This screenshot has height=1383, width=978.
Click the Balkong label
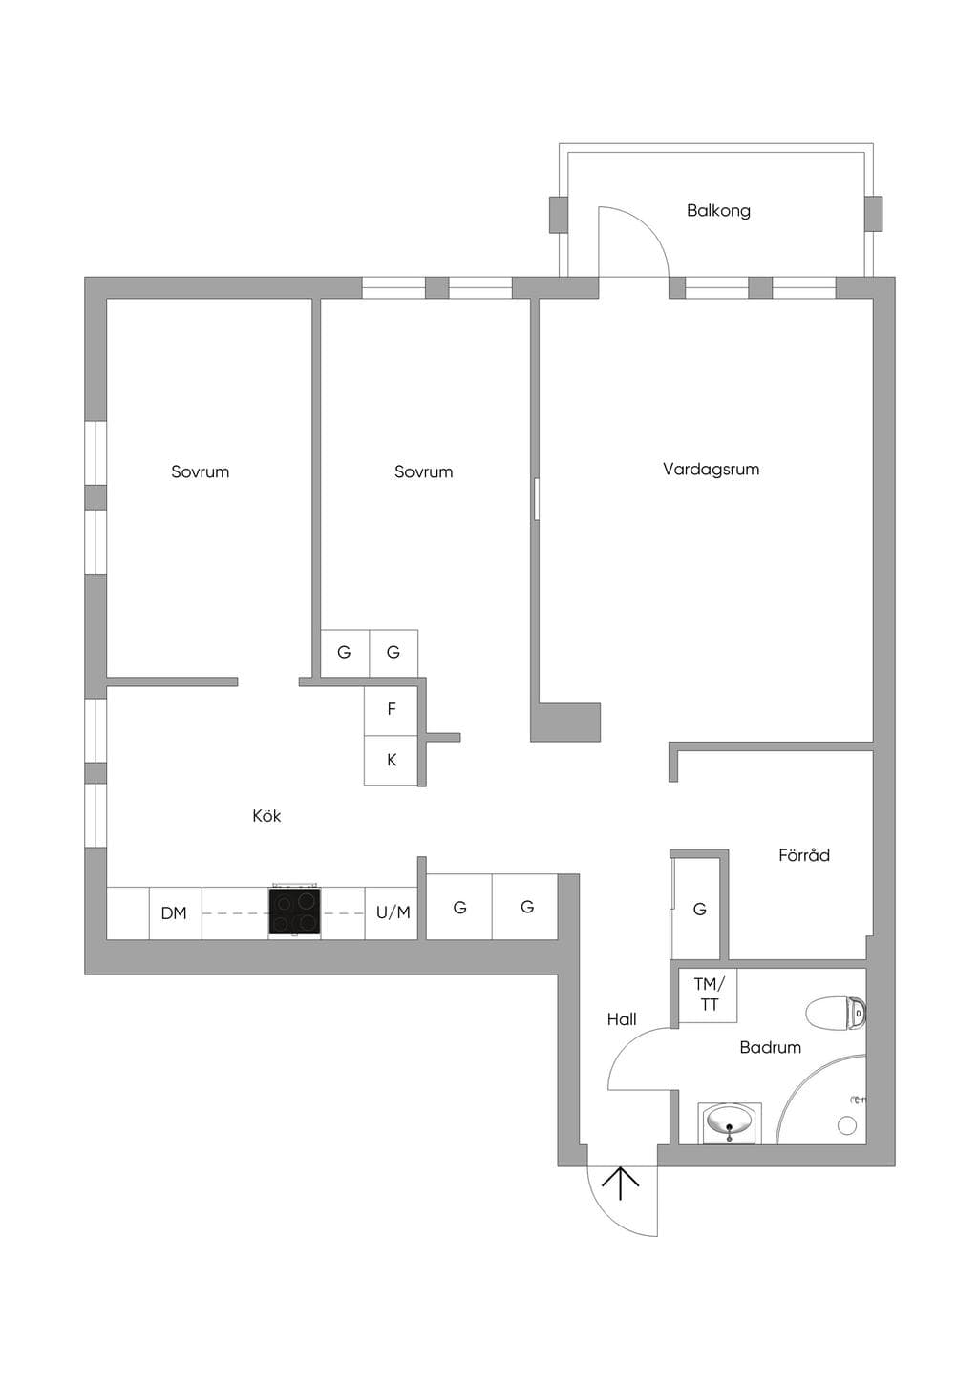[x=718, y=211]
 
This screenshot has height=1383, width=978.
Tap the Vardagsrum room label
[x=711, y=470]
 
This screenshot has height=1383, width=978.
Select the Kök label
[x=266, y=816]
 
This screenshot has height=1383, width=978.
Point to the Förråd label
[x=804, y=855]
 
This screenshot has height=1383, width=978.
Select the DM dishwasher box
[x=176, y=913]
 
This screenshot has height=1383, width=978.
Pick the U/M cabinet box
[x=392, y=913]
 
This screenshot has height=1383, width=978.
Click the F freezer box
[x=391, y=710]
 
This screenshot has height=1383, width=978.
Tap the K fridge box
[x=391, y=760]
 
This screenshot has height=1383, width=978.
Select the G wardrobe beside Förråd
[x=699, y=909]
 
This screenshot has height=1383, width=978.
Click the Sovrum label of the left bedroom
[x=201, y=472]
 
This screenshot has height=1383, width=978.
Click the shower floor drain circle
[x=846, y=1125]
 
